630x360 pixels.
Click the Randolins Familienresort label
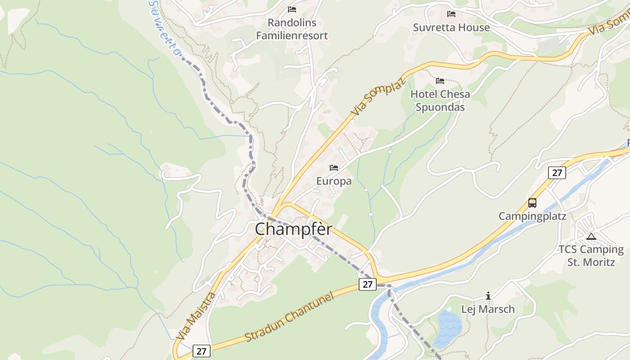click(292, 29)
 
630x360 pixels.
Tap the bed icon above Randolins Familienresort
click(292, 9)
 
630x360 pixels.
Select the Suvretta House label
click(451, 27)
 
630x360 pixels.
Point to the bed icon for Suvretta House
click(451, 14)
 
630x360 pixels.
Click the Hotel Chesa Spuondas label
click(440, 100)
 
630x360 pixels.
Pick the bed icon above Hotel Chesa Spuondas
click(440, 81)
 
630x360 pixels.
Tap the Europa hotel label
click(334, 181)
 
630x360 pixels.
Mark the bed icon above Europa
click(334, 168)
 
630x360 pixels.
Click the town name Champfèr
click(293, 229)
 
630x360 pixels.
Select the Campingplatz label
click(532, 216)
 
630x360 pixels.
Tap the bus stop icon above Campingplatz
click(532, 203)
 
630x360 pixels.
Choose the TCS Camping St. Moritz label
click(591, 256)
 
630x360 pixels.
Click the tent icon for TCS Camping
click(591, 236)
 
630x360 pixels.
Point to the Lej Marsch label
click(488, 309)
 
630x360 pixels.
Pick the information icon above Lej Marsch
click(488, 296)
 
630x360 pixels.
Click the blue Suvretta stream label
click(165, 28)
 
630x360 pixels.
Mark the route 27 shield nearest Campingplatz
click(557, 172)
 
